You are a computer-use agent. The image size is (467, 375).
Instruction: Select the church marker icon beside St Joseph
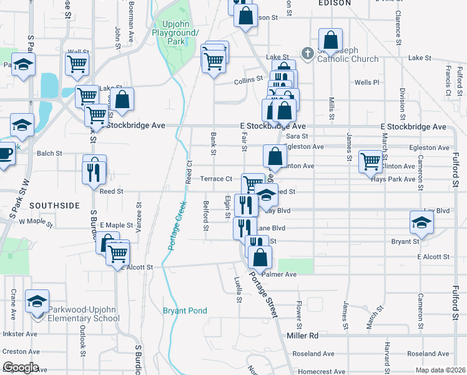click(307, 53)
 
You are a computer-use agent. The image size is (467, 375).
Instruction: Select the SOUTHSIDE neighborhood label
click(54, 205)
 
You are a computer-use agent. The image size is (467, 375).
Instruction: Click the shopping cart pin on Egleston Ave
click(371, 161)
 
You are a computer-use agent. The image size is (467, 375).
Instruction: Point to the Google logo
click(21, 367)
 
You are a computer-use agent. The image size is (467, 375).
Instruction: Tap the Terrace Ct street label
click(216, 179)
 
